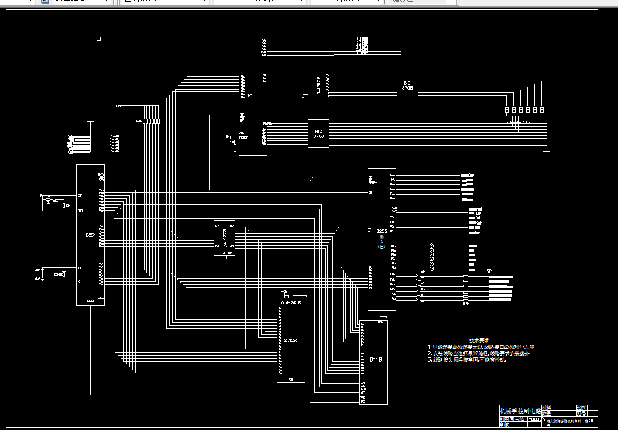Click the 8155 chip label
pos(253,95)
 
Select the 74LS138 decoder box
pos(318,85)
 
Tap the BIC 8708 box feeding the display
pos(407,85)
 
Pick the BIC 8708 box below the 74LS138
pos(318,133)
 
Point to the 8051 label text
pos(91,235)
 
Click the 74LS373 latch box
pos(224,238)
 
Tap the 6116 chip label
pos(375,360)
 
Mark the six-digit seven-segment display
pos(524,110)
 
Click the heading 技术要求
pos(479,340)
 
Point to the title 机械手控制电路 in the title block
pos(520,411)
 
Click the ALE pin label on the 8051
pos(101,298)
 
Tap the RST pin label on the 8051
pos(80,209)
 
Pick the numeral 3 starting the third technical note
pos(429,360)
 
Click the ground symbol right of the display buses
pos(545,150)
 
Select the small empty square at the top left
pos(98,39)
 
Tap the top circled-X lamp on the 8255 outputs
pos(432,246)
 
